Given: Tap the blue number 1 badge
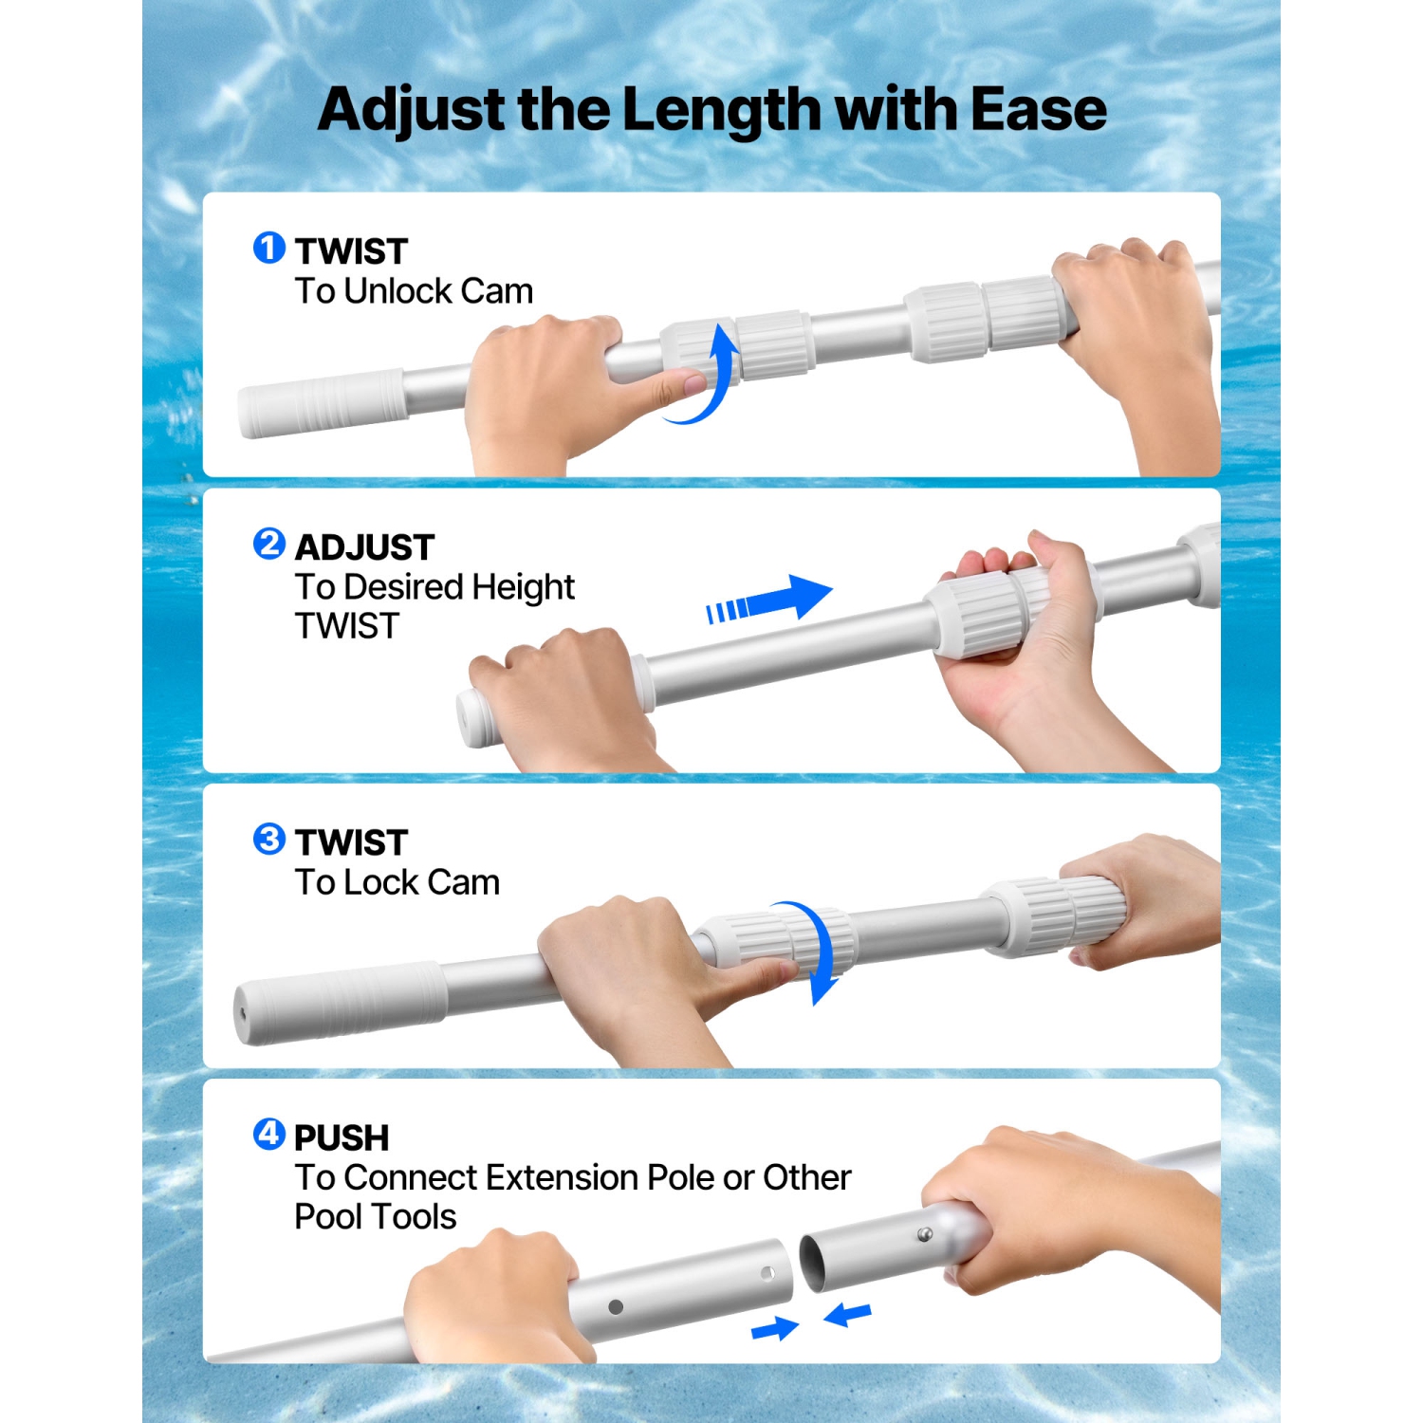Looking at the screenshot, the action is click(268, 249).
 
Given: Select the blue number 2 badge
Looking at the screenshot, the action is click(268, 544).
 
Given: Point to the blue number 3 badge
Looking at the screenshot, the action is click(268, 839).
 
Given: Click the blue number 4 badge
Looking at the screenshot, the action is click(268, 1134).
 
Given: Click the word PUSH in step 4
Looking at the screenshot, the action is click(342, 1137).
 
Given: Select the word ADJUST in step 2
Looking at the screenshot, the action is click(364, 547).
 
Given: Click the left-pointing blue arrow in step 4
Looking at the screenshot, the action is click(847, 1315).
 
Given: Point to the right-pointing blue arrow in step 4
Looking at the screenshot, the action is click(775, 1328).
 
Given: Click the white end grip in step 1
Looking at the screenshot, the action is click(323, 403).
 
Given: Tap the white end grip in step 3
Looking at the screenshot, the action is click(340, 1003).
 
